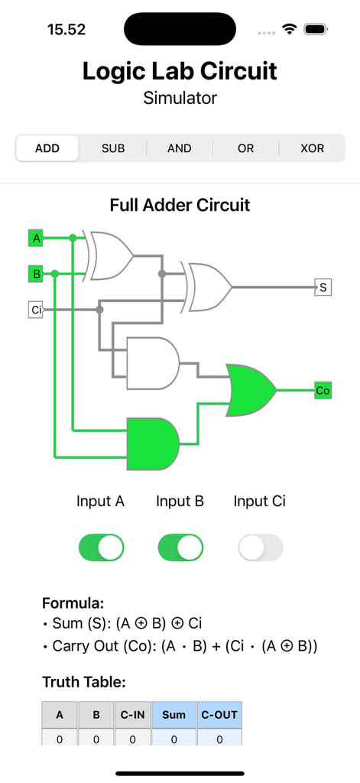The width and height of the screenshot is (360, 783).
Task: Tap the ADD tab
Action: coord(47,148)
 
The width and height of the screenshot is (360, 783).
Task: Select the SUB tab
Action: coord(113,148)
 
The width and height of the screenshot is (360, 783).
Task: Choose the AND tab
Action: coord(180,148)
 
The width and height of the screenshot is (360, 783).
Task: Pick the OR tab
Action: coord(245,148)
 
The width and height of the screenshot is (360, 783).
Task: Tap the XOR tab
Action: coord(312,148)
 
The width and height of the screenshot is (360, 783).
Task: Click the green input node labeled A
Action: coord(36,239)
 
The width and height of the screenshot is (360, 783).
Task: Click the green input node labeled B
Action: coord(36,274)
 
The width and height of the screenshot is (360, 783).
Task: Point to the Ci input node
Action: coord(36,310)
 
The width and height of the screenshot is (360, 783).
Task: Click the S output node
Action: coord(323,288)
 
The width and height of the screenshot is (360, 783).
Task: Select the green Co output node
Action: coord(323,391)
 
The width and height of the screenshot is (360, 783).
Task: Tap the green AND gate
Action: coord(153,443)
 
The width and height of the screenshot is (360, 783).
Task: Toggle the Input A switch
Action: coord(101,547)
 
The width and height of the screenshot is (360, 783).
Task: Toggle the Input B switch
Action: coord(180,547)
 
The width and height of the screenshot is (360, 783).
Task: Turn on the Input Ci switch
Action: coord(260,547)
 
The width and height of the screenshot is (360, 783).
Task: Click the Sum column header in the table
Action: coord(174,715)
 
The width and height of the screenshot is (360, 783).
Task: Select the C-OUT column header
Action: coord(219,715)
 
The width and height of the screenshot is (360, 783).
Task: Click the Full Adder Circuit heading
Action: coord(180,205)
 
